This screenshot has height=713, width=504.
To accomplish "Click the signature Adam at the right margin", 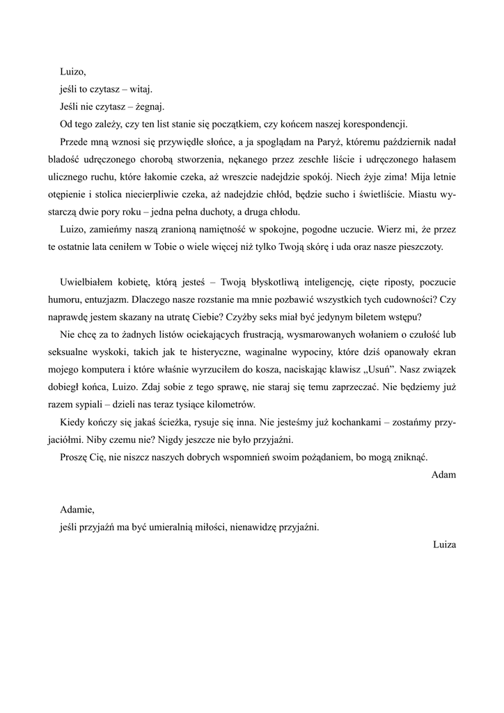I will tap(443, 475).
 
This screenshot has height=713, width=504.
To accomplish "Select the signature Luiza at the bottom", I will tap(443, 544).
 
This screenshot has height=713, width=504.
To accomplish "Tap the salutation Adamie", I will tap(77, 510).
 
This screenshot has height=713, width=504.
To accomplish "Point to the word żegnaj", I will tap(150, 107).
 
